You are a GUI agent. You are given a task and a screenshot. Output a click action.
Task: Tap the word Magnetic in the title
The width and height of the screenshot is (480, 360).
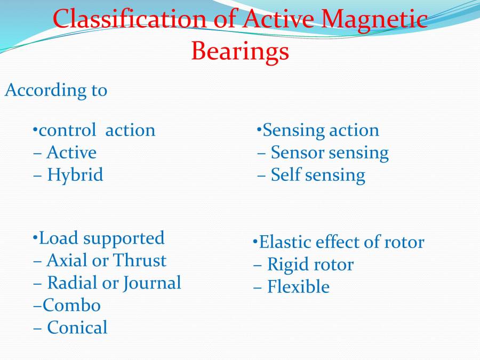[375, 20]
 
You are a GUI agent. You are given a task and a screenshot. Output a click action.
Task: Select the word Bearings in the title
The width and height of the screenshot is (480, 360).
[240, 51]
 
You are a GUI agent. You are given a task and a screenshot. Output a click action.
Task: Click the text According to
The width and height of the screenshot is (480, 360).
[56, 90]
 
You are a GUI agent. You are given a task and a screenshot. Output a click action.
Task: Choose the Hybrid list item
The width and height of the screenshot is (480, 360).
[75, 175]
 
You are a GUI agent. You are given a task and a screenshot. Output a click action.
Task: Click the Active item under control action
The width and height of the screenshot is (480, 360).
[71, 153]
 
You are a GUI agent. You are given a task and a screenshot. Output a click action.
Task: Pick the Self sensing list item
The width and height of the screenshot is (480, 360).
[318, 175]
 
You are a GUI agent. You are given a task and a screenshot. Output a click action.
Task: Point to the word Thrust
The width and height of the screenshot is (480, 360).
[140, 260]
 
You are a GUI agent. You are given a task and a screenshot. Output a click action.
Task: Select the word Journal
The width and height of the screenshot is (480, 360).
[152, 283]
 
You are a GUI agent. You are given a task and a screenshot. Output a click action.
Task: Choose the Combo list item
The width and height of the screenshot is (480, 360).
[71, 306]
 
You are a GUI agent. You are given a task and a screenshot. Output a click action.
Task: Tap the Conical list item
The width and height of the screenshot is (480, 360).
[77, 327]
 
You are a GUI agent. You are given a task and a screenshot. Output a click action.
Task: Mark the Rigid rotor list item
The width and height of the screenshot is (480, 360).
[310, 265]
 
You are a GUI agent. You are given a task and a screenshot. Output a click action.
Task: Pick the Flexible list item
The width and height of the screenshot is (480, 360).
[298, 287]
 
